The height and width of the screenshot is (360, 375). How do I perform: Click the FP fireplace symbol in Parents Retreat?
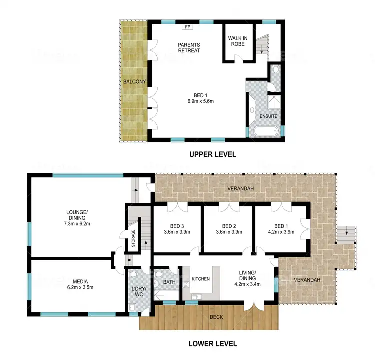coord(188,27)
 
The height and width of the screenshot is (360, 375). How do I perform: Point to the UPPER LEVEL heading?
coord(212,155)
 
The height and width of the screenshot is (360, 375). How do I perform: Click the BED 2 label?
coord(228,225)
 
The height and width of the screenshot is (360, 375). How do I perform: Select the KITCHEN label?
coord(200,279)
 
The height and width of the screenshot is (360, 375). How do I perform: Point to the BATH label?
coord(169,283)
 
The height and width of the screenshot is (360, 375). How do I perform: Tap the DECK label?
coord(216,317)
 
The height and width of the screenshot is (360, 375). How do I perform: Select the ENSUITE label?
coord(268,116)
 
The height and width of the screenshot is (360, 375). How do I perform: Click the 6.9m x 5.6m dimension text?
coord(197,101)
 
